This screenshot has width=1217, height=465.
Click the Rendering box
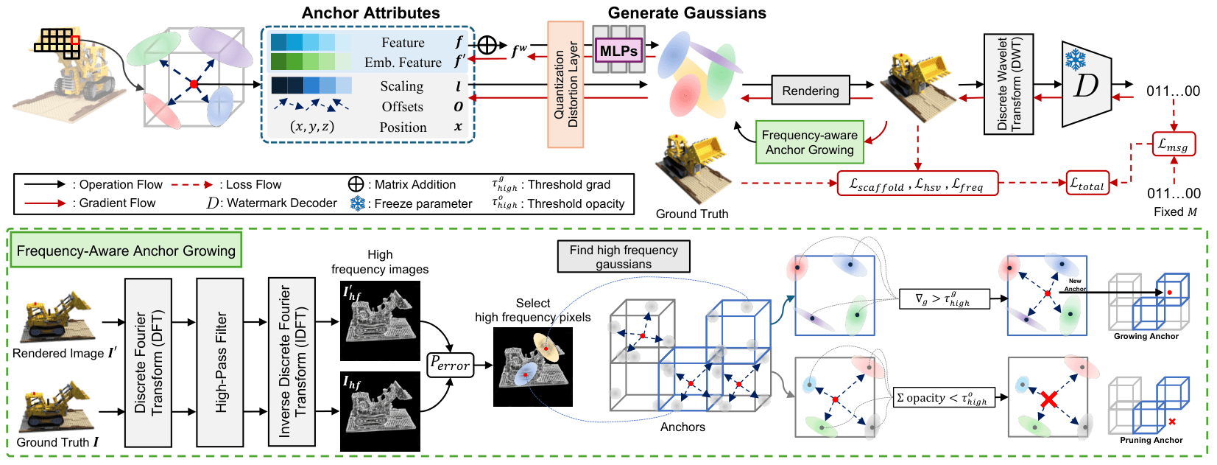810,91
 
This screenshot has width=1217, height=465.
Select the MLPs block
618,51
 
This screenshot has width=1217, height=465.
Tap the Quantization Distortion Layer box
565,84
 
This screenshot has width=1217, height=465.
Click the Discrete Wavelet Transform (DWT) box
1009,84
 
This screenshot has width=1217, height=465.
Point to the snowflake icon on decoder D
1076,59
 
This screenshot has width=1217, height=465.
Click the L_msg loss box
1174,144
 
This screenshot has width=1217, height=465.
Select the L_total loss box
1087,183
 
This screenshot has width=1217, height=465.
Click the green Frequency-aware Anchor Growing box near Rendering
809,142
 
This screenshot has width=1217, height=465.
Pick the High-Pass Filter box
220,362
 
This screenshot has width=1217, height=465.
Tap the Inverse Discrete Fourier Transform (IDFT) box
292,362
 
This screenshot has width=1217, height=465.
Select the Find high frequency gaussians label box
624,256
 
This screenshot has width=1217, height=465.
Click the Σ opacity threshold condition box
943,398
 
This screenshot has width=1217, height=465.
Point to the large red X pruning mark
1049,400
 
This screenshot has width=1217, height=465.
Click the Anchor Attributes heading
370,13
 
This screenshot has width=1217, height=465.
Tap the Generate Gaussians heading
686,13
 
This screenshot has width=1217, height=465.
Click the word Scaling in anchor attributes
401,86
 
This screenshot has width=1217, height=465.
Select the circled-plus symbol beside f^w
487,45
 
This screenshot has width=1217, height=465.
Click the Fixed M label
1175,211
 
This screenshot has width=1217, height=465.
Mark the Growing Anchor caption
1146,336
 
